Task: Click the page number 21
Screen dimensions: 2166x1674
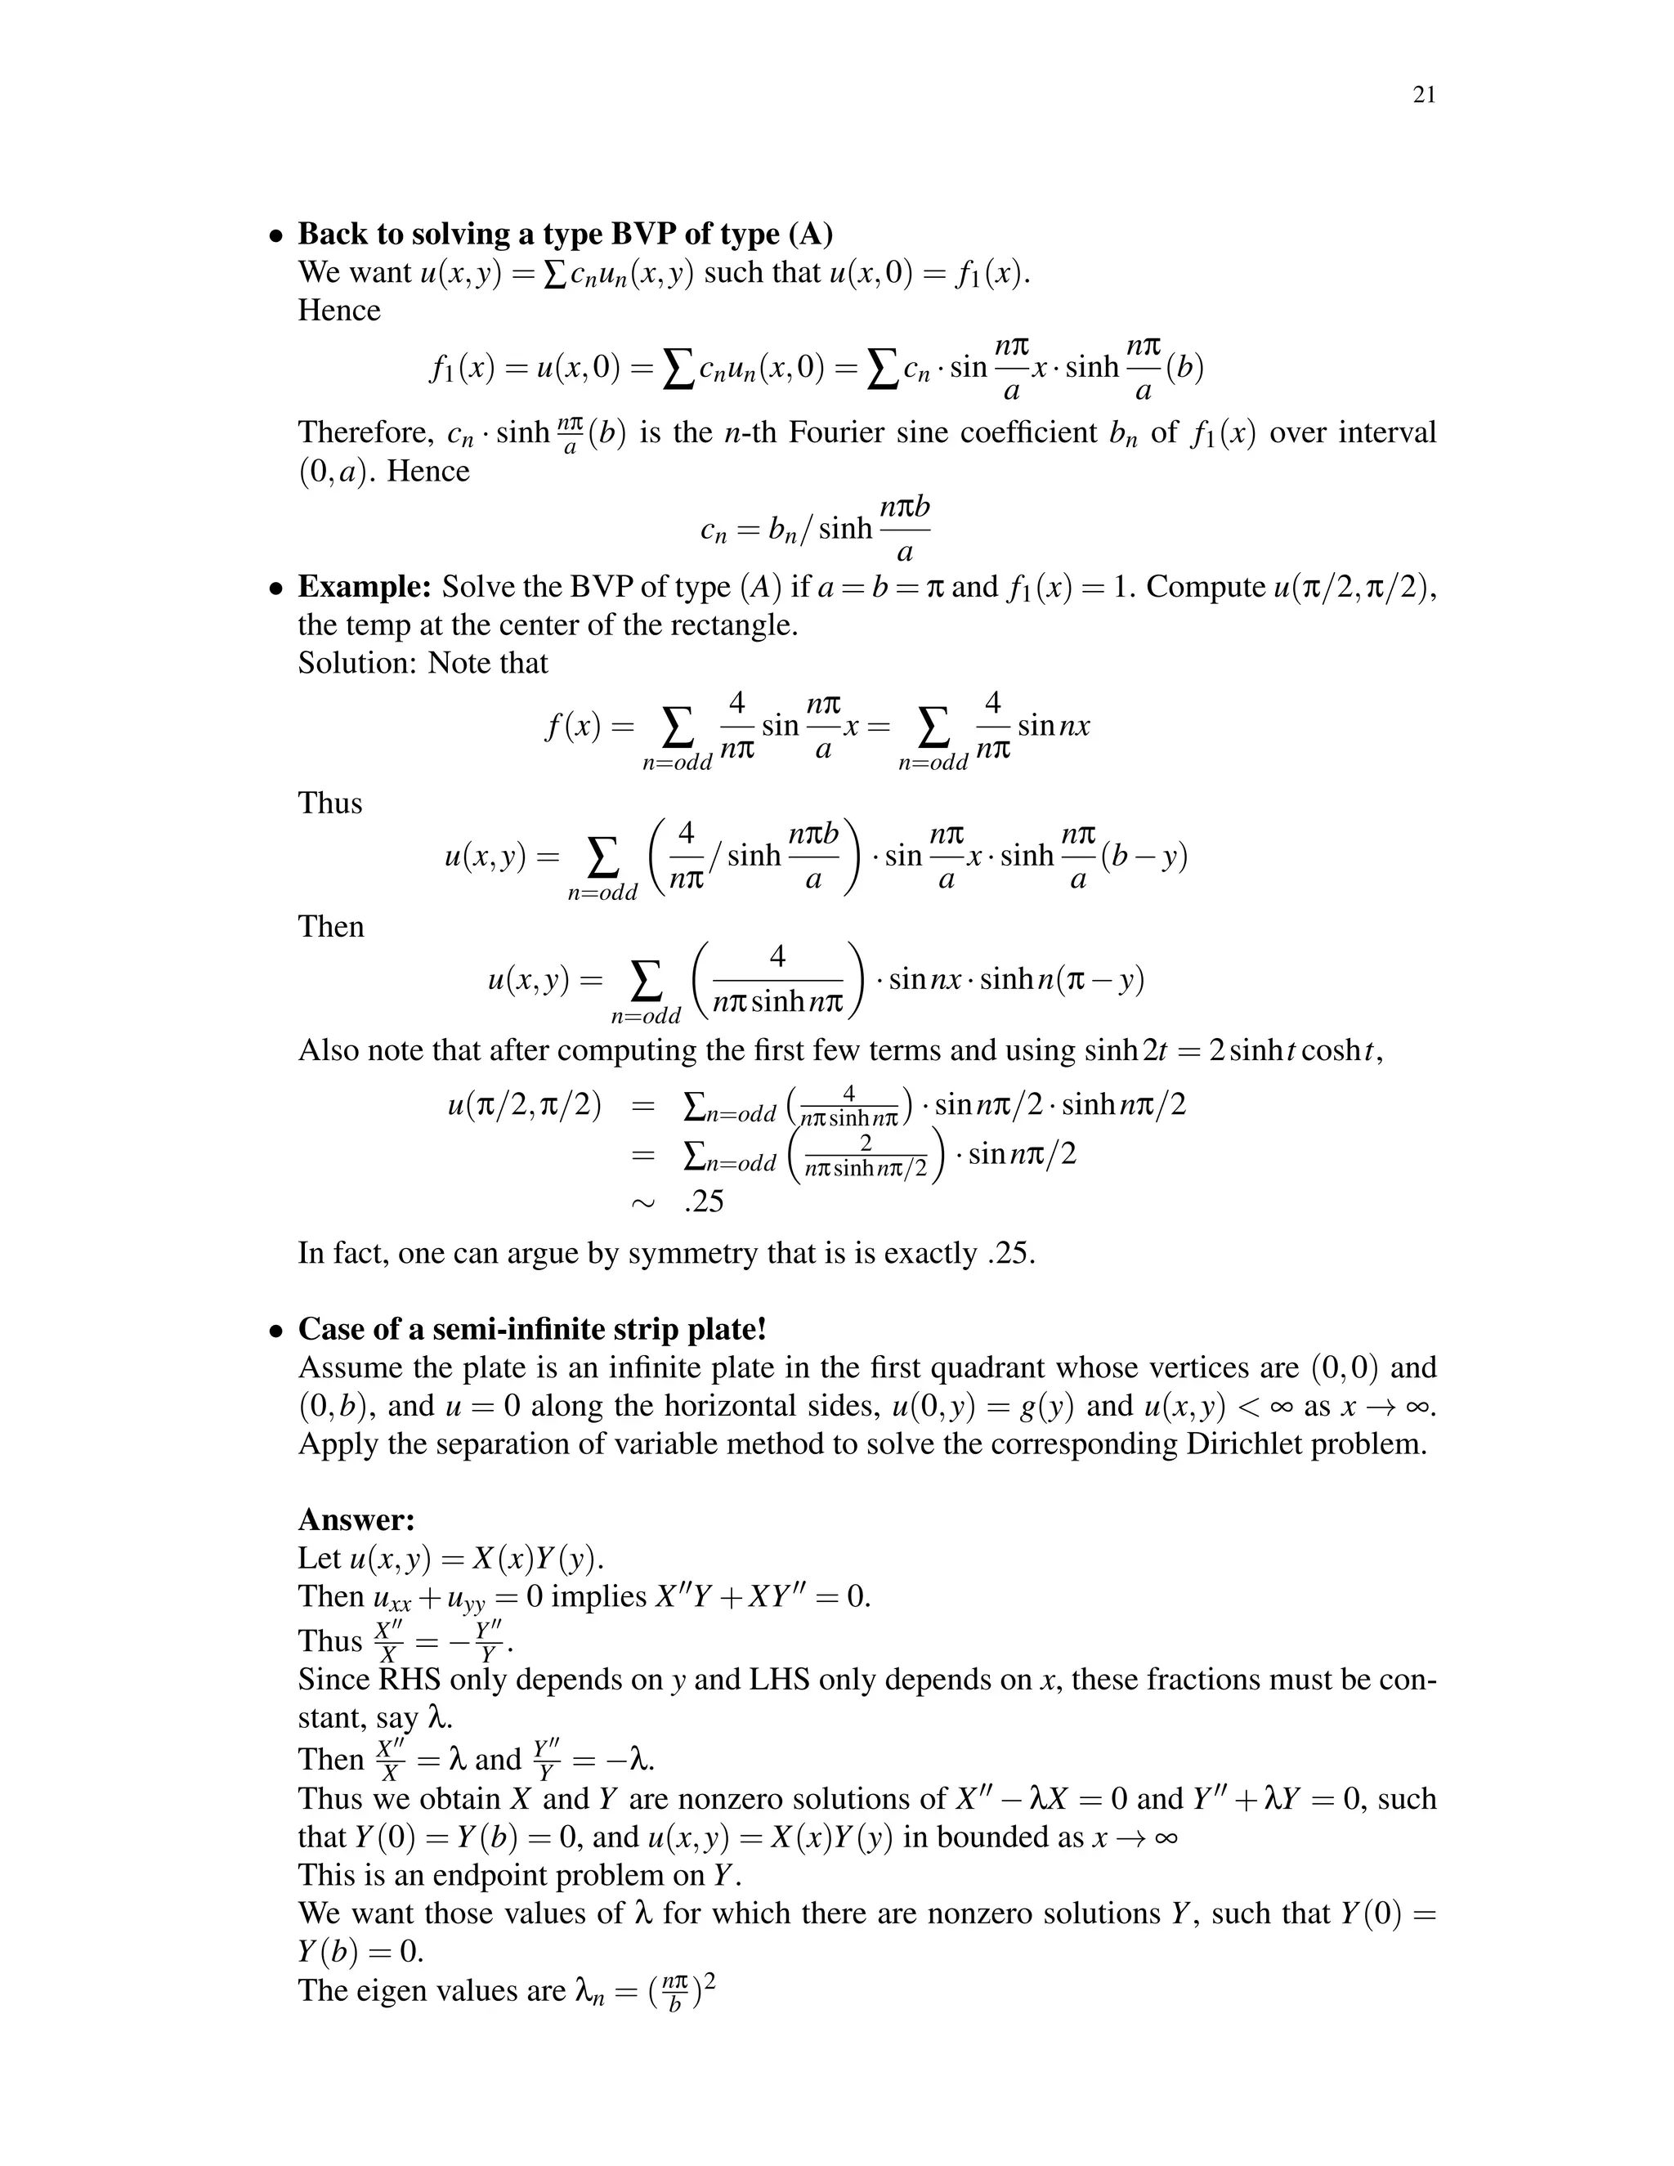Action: tap(1423, 95)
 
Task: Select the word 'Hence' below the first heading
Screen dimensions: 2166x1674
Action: tap(339, 311)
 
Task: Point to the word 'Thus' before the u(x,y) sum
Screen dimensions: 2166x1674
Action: tap(330, 803)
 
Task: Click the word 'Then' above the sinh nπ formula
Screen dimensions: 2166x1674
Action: tap(331, 926)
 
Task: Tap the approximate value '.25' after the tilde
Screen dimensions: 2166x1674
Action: tap(704, 1202)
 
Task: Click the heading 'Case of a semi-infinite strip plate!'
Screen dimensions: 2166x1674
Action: tap(533, 1329)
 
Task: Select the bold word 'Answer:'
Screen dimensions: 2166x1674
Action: tap(356, 1519)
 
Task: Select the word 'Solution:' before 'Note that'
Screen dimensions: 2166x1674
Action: tap(358, 663)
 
